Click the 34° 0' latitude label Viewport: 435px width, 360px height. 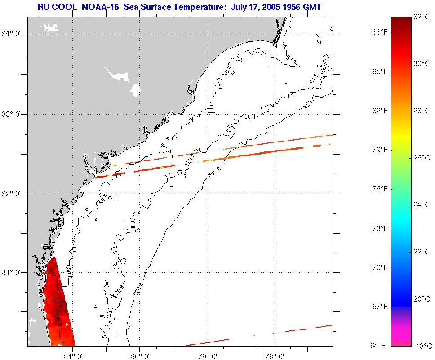pos(13,33)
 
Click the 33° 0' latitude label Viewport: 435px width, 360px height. pos(13,114)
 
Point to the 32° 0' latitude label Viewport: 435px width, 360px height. pos(13,194)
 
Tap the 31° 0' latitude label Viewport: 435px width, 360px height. pos(13,272)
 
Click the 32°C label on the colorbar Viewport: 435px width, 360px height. pos(421,17)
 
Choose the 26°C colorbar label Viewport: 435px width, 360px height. pos(421,158)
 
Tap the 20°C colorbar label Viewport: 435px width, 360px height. pos(421,299)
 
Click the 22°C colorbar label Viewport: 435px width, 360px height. pos(421,252)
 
